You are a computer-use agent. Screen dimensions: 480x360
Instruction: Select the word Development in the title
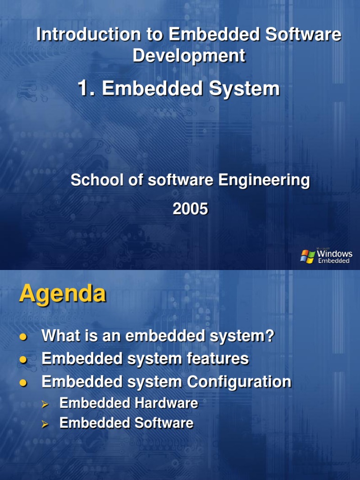coord(189,55)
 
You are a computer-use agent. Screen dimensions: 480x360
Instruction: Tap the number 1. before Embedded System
coord(87,88)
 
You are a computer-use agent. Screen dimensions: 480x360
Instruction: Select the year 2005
coord(190,209)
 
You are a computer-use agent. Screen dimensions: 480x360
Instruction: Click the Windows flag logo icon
coord(307,256)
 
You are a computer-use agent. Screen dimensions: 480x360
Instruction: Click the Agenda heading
coord(62,294)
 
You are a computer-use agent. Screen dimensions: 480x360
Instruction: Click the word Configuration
coord(239,382)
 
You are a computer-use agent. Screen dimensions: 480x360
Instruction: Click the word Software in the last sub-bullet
coord(164,423)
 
